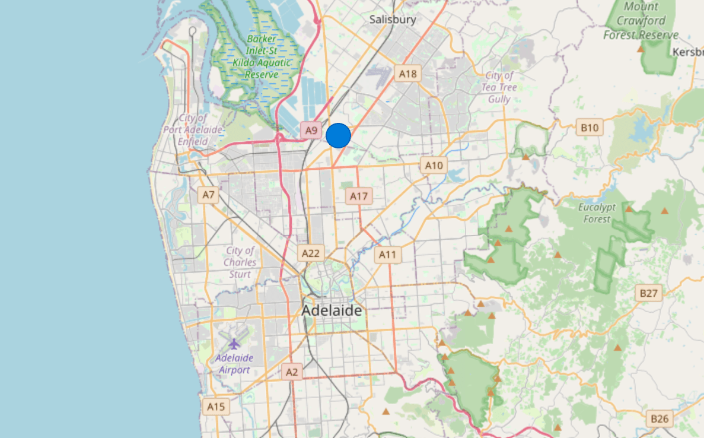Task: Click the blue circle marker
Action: [x=339, y=135]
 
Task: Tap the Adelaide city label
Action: [x=332, y=310]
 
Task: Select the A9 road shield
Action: [x=311, y=131]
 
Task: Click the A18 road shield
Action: [x=408, y=74]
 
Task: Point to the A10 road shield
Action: [x=434, y=166]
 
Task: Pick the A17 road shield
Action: [x=359, y=196]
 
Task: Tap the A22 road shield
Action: [x=311, y=253]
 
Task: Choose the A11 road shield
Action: [x=387, y=255]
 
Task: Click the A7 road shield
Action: [x=208, y=195]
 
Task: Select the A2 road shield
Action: [x=291, y=372]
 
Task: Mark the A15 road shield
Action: [x=216, y=407]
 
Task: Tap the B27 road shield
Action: [x=649, y=293]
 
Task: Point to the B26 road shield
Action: [x=659, y=419]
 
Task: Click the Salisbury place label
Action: [x=393, y=20]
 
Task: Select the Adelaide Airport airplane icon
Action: [x=234, y=344]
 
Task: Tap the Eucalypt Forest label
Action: [x=597, y=213]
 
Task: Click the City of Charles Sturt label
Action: [x=240, y=262]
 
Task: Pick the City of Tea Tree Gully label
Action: [x=499, y=87]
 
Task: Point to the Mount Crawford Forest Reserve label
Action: [x=641, y=21]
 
